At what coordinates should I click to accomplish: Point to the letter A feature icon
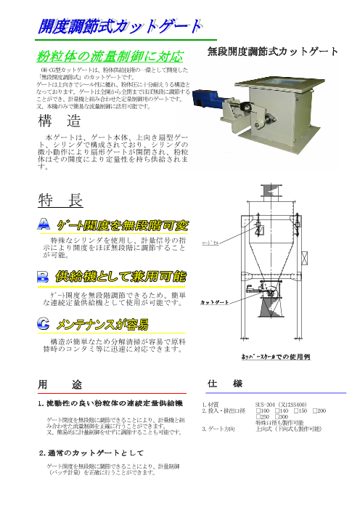click(44, 226)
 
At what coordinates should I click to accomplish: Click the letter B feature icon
click(44, 277)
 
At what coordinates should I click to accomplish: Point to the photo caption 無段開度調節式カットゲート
click(273, 52)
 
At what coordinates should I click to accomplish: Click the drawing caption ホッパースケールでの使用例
click(275, 357)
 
